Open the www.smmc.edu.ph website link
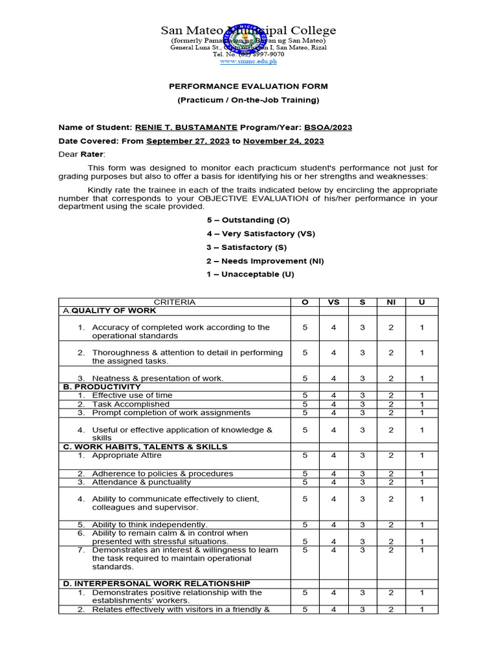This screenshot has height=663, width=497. point(248,62)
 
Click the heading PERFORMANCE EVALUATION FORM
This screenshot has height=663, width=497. point(248,86)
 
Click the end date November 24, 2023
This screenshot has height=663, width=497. point(283,141)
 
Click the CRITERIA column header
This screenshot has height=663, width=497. point(174,302)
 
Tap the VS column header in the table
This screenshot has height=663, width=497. point(333,302)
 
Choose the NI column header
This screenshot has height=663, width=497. point(391,302)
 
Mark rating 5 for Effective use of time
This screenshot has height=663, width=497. point(305,395)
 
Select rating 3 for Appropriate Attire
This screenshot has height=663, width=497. point(362,455)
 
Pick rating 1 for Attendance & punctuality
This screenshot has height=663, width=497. point(421,482)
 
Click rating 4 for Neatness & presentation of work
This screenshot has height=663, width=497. point(333,378)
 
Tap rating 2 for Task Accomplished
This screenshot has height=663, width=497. point(391,404)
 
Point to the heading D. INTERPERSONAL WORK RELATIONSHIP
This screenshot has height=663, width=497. point(156,583)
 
